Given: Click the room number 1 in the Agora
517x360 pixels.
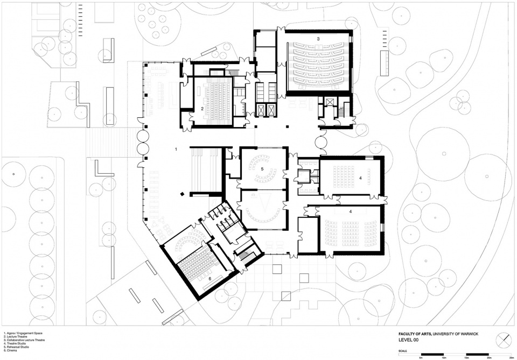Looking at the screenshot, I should (x=176, y=148).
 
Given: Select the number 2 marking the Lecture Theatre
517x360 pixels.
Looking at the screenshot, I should (x=202, y=108).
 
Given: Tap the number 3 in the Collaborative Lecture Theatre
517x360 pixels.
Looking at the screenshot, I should (x=318, y=39).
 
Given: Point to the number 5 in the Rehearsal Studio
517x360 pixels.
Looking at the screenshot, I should (x=262, y=168).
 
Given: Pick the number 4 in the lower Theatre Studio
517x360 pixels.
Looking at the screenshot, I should (x=351, y=212).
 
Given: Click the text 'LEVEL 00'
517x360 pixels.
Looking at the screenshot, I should (x=408, y=340).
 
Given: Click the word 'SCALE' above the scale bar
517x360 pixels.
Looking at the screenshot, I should (x=403, y=350).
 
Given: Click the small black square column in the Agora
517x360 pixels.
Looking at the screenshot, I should (x=183, y=194).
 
